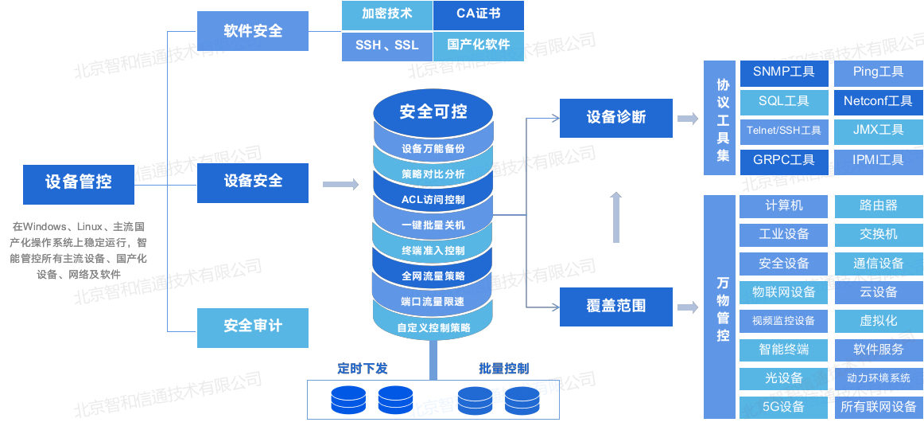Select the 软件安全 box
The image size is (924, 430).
pyautogui.click(x=253, y=31)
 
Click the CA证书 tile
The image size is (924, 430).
pyautogui.click(x=479, y=15)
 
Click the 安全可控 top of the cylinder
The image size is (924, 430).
pyautogui.click(x=433, y=112)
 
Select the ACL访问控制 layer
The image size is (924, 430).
pyautogui.click(x=433, y=199)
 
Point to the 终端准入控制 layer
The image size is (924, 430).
pyautogui.click(x=433, y=251)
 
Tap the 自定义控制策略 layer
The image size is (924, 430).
pyautogui.click(x=433, y=327)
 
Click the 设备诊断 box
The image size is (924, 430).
pyautogui.click(x=615, y=118)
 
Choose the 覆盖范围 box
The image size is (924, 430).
pyautogui.click(x=615, y=307)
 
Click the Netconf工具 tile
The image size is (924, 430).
pyautogui.click(x=878, y=102)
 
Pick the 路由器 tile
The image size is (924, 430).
pyautogui.click(x=878, y=206)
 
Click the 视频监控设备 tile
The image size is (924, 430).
pyautogui.click(x=784, y=322)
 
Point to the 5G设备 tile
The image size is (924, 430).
pyautogui.click(x=784, y=408)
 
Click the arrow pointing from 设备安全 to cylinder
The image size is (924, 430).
pyautogui.click(x=340, y=184)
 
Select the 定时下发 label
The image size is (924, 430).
pyautogui.click(x=363, y=369)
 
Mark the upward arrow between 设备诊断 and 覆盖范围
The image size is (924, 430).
pyautogui.click(x=615, y=217)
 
